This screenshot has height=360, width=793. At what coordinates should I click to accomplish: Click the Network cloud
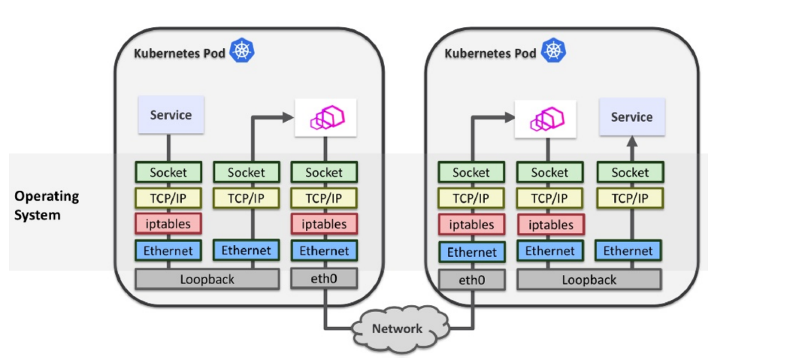(397, 328)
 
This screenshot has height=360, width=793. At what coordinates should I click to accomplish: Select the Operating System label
(47, 205)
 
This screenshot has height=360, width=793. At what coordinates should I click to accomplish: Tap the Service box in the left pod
(171, 115)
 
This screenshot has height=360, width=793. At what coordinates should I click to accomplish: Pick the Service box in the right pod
(631, 116)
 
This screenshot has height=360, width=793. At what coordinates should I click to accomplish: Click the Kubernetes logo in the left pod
(243, 52)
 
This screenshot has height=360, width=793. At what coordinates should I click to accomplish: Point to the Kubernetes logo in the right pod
(554, 52)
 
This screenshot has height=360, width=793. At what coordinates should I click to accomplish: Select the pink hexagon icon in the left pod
(325, 117)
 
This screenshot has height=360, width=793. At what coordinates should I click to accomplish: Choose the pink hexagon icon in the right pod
(545, 119)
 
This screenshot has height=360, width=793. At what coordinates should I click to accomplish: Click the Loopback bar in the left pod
(207, 279)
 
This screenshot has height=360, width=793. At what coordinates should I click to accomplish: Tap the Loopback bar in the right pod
(589, 280)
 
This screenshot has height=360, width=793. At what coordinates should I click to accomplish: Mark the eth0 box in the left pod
(324, 279)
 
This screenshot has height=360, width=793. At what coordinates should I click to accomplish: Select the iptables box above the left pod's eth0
(324, 224)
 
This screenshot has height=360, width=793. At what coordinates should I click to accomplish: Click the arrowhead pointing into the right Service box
(631, 141)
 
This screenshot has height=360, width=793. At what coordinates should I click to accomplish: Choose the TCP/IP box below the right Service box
(630, 198)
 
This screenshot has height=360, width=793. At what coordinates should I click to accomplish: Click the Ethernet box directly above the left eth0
(324, 250)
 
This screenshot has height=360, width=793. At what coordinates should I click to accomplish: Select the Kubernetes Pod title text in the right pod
(490, 53)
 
